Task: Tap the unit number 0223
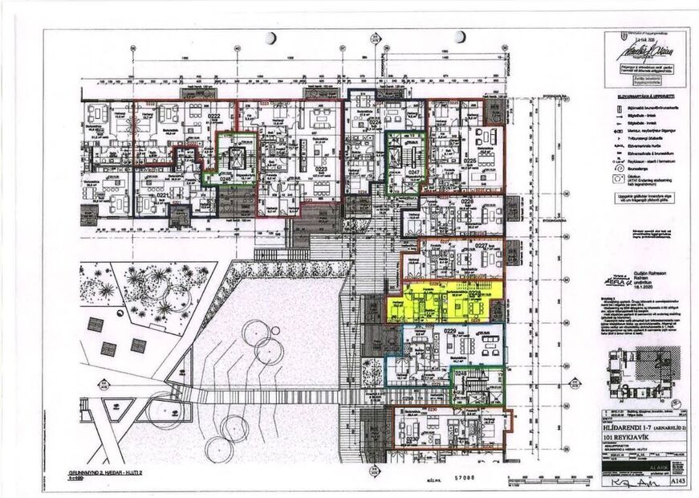click(x=320, y=169)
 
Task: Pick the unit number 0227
click(x=482, y=246)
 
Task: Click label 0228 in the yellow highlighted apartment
click(x=473, y=295)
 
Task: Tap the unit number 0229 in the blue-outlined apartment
click(x=449, y=331)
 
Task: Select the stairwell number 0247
click(x=413, y=172)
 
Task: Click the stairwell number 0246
click(x=226, y=178)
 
